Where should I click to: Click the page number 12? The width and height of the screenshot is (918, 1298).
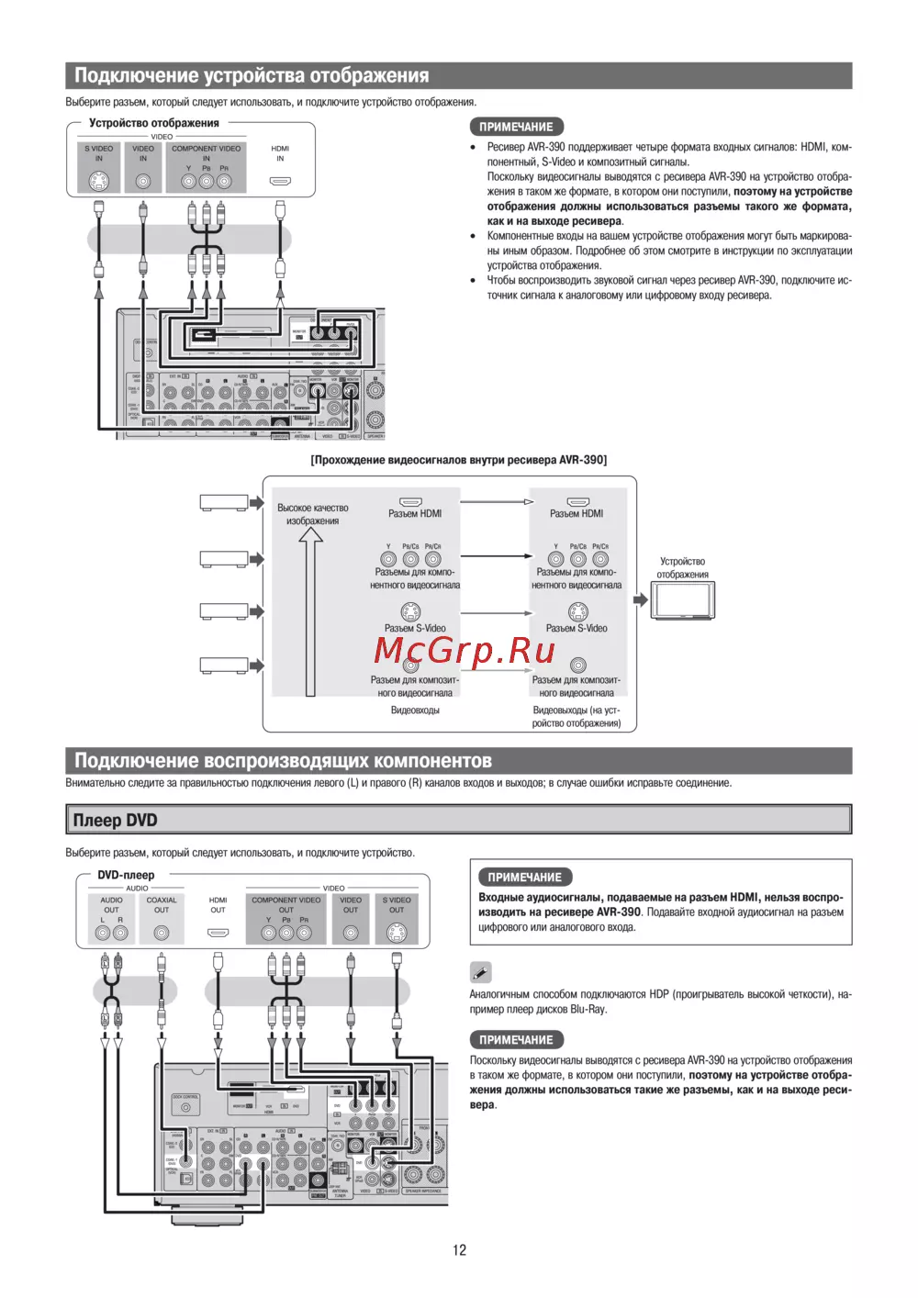coord(459,1249)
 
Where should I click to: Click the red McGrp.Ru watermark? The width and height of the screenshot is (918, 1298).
coord(465,651)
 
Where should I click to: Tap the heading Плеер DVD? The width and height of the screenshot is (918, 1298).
coord(116,820)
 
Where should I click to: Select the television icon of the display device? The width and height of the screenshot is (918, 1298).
coord(683,601)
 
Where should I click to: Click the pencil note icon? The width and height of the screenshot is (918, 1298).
coord(480,972)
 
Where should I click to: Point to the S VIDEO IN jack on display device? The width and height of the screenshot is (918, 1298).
coord(99,181)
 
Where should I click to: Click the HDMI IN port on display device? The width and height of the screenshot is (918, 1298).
coord(280,181)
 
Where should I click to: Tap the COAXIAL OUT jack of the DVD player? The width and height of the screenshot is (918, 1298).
coord(162,933)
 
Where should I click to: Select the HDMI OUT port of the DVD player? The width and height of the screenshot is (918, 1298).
coord(218,933)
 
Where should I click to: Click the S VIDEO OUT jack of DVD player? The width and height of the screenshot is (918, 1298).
coord(397,933)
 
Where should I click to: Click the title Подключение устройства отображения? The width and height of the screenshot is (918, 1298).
coord(252,75)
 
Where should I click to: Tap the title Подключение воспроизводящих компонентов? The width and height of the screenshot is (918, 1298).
coord(283,760)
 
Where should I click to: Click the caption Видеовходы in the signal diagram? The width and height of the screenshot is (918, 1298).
coord(415,710)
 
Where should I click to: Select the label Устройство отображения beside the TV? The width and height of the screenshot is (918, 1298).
coord(682,567)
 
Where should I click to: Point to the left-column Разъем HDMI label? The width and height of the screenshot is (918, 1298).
coord(415,513)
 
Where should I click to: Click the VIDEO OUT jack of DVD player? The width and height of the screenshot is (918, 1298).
coord(351,933)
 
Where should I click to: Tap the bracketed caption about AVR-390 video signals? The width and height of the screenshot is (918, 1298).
coord(458,460)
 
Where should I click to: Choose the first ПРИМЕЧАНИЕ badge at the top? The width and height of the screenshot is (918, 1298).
coord(516,127)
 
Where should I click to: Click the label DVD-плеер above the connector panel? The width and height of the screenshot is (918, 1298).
coord(126,875)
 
